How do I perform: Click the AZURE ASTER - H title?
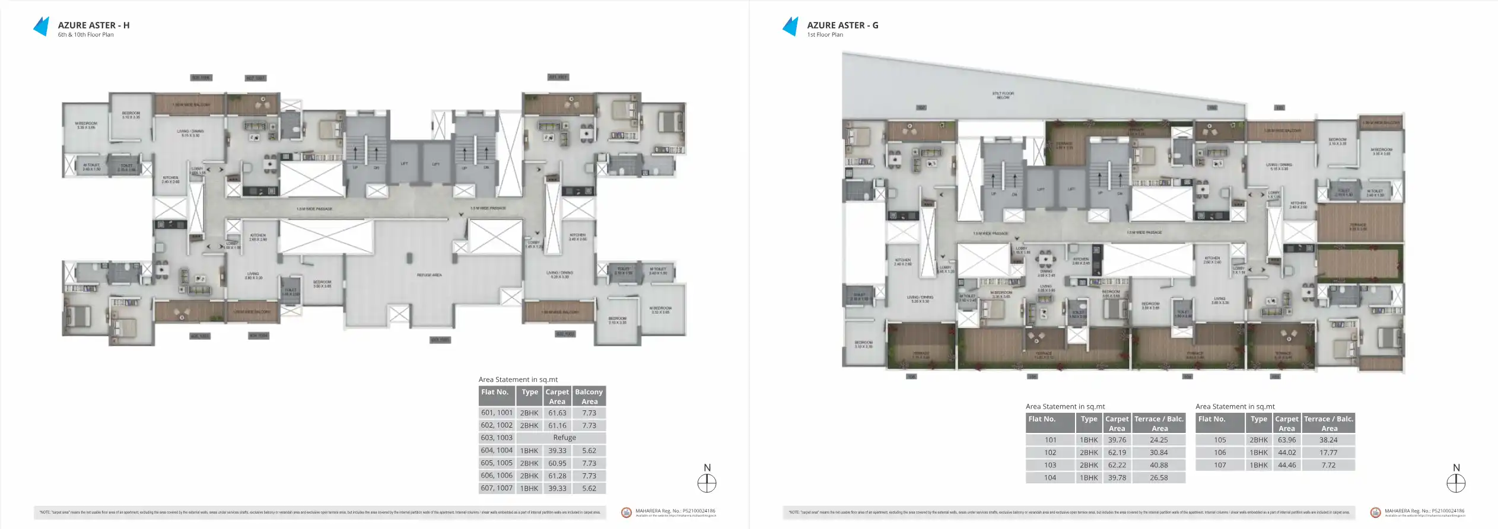(93, 25)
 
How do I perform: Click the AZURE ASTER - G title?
(842, 25)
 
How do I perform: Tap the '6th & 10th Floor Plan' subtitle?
(85, 35)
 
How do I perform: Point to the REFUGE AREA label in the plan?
(429, 275)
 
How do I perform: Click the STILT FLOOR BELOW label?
(1003, 95)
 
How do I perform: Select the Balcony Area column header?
(589, 396)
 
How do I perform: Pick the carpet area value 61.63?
(557, 413)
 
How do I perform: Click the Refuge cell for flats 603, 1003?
(564, 438)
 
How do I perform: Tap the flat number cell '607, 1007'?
(497, 488)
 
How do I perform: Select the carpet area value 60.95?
(557, 463)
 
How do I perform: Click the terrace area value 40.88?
(1159, 465)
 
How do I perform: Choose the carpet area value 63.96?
(1286, 440)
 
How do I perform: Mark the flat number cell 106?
(1220, 452)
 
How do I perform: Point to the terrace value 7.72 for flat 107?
(1328, 465)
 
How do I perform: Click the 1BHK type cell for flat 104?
(1089, 477)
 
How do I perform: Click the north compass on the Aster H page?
(707, 483)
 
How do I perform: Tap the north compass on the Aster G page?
(1456, 483)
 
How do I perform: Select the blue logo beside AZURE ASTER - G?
(791, 27)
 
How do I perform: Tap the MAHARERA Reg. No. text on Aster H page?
(675, 511)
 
